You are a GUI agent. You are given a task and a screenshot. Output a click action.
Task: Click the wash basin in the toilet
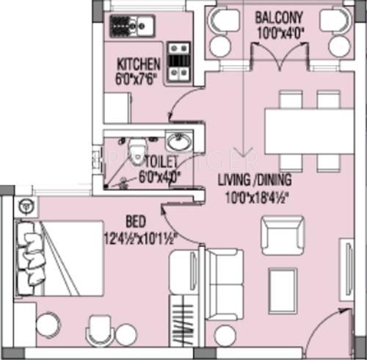click(176, 142)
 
